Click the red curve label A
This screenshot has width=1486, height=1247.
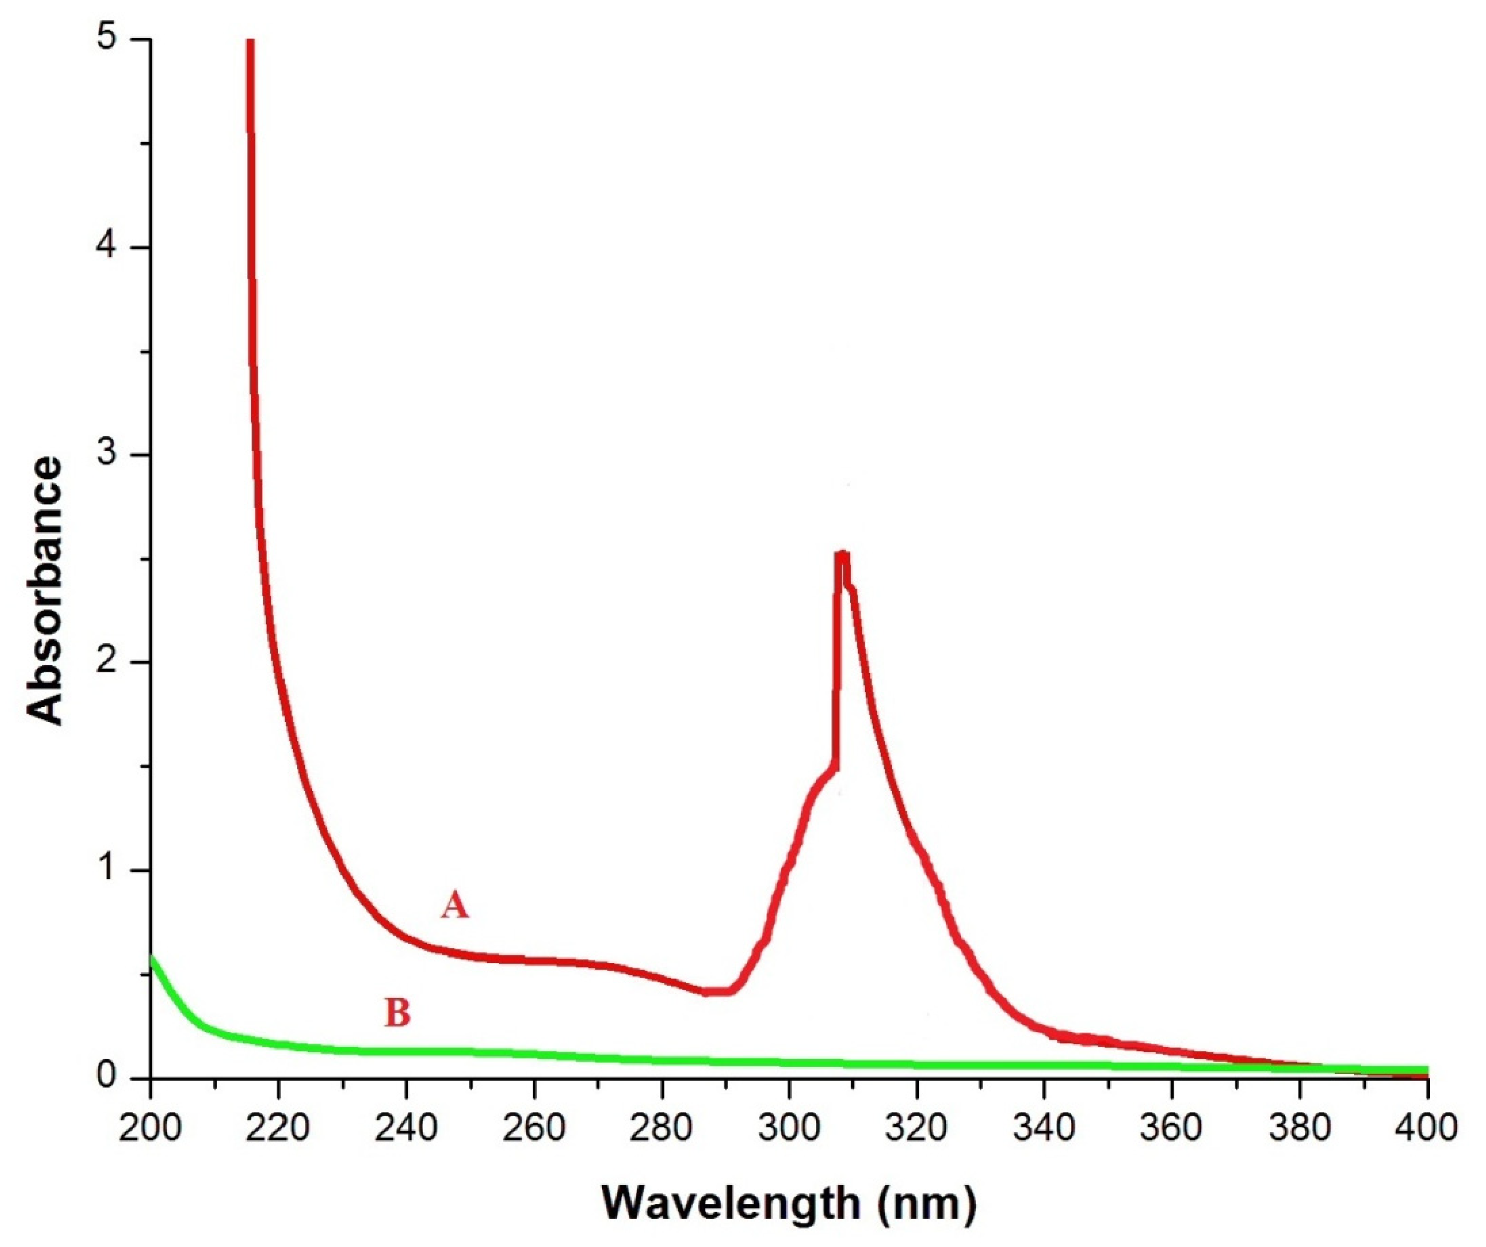pos(454,905)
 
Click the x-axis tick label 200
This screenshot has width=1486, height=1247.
pos(150,1127)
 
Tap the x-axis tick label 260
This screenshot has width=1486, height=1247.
pos(534,1127)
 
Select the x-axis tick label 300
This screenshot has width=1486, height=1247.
pos(790,1127)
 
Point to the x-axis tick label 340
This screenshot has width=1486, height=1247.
pos(1045,1127)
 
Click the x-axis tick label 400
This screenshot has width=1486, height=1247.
pos(1428,1127)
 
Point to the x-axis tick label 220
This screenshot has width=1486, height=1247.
pos(279,1127)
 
